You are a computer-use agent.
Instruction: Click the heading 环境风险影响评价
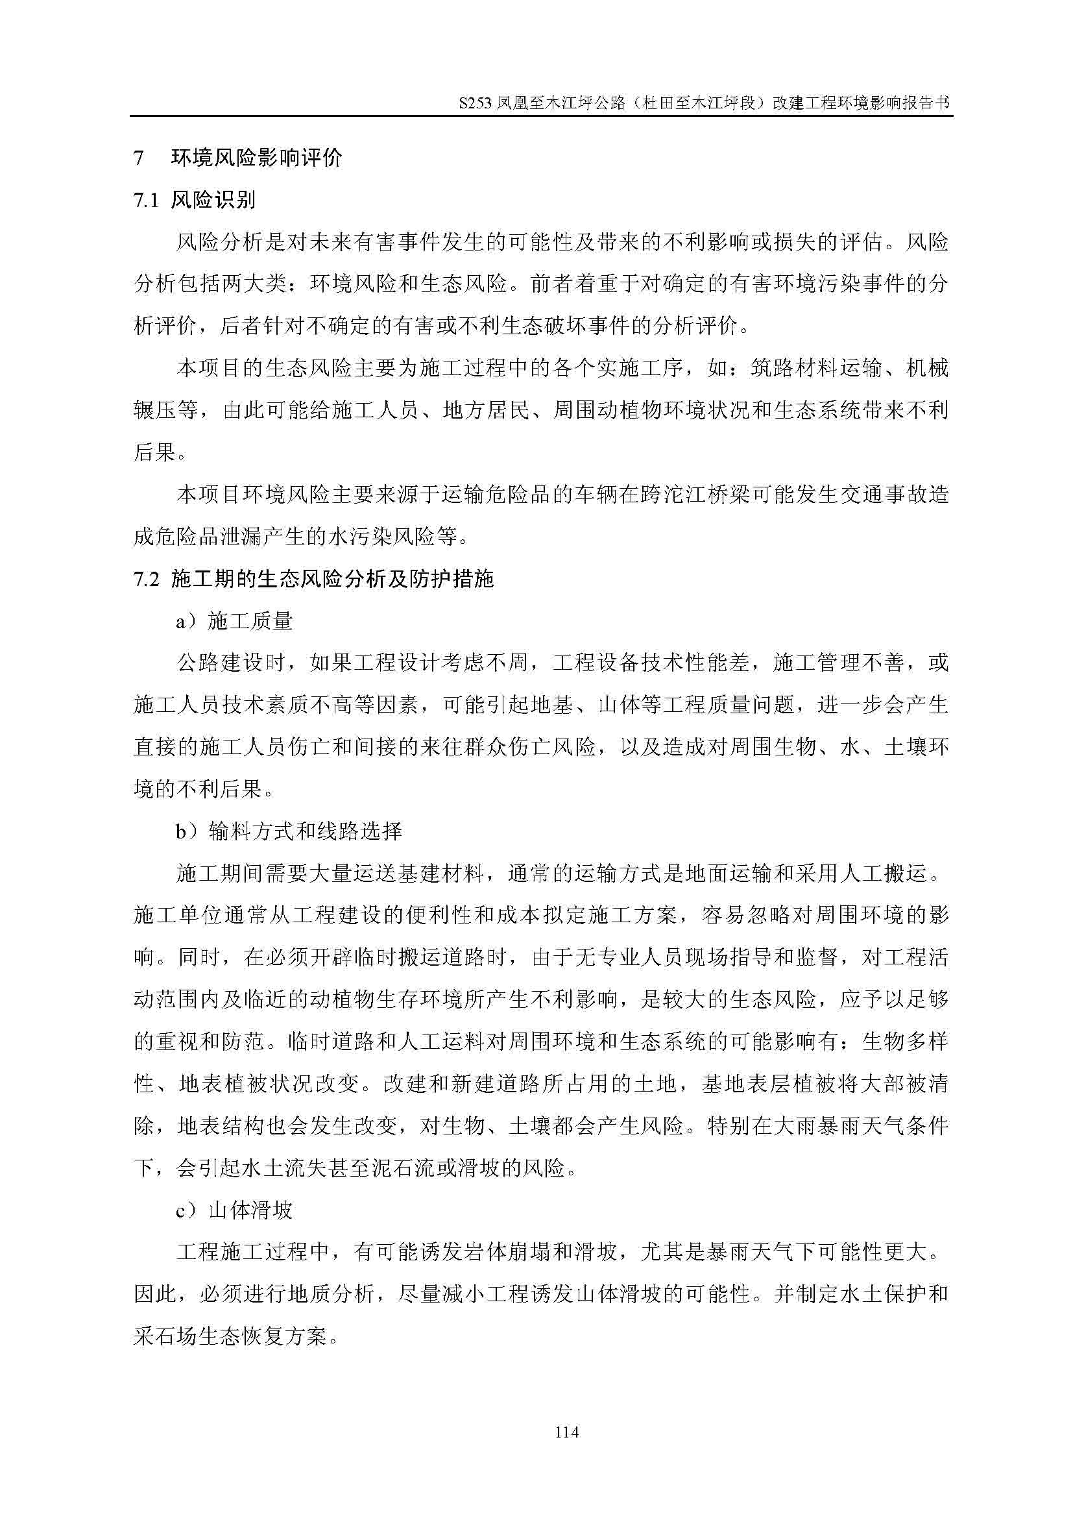pyautogui.click(x=256, y=158)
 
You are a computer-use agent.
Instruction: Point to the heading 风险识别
pyautogui.click(x=213, y=201)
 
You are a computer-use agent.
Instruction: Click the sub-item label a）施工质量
pyautogui.click(x=234, y=621)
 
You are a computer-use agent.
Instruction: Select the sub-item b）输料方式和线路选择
pyautogui.click(x=289, y=831)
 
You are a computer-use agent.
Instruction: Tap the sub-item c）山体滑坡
pyautogui.click(x=234, y=1210)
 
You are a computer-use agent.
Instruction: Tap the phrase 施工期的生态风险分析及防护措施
pyautogui.click(x=332, y=579)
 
